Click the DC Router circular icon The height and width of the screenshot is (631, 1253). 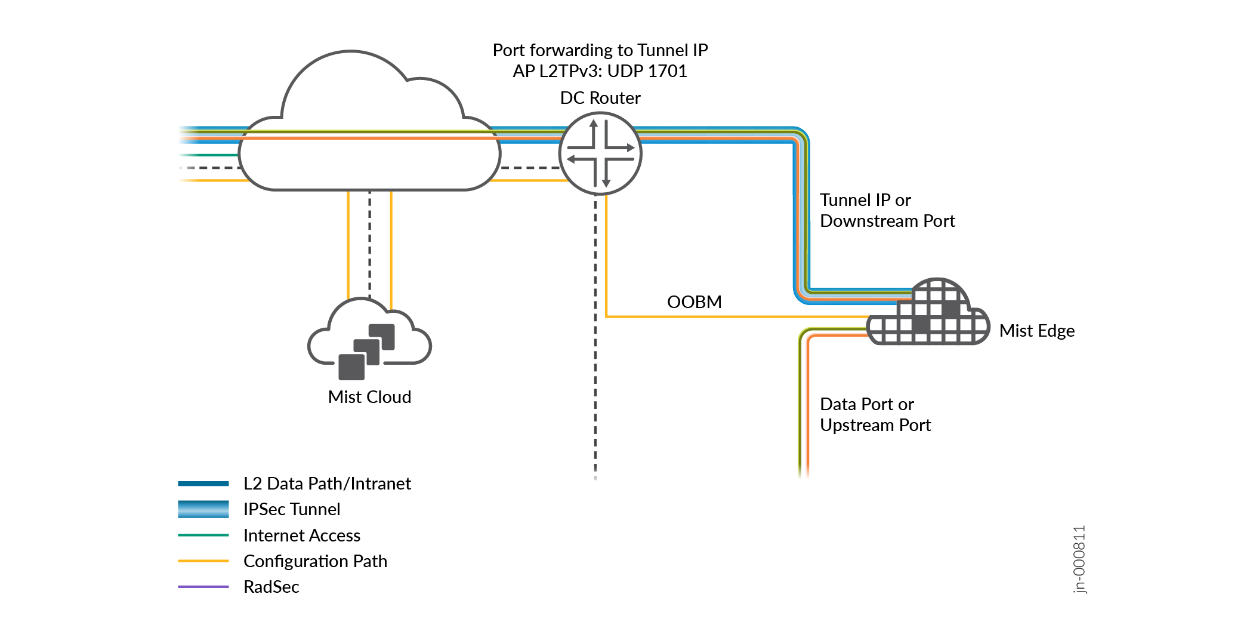600,153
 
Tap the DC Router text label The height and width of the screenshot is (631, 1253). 600,98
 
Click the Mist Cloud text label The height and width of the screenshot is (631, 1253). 369,397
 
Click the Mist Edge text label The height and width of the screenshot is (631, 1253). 1036,331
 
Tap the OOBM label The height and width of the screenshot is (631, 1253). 694,302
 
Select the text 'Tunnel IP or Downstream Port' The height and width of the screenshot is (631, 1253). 887,210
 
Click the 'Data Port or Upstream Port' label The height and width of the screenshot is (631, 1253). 875,414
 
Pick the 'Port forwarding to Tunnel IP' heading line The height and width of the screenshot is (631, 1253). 600,50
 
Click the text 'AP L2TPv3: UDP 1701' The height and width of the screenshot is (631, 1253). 600,71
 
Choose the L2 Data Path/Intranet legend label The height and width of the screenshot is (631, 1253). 327,484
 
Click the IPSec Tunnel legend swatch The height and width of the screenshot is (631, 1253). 203,509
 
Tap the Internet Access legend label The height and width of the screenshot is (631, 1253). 302,535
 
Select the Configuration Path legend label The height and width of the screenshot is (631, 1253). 315,561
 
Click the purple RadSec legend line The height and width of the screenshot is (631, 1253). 203,587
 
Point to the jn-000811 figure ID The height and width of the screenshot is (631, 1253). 1079,559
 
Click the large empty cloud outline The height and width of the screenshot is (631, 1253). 369,119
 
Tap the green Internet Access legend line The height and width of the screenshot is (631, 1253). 203,535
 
